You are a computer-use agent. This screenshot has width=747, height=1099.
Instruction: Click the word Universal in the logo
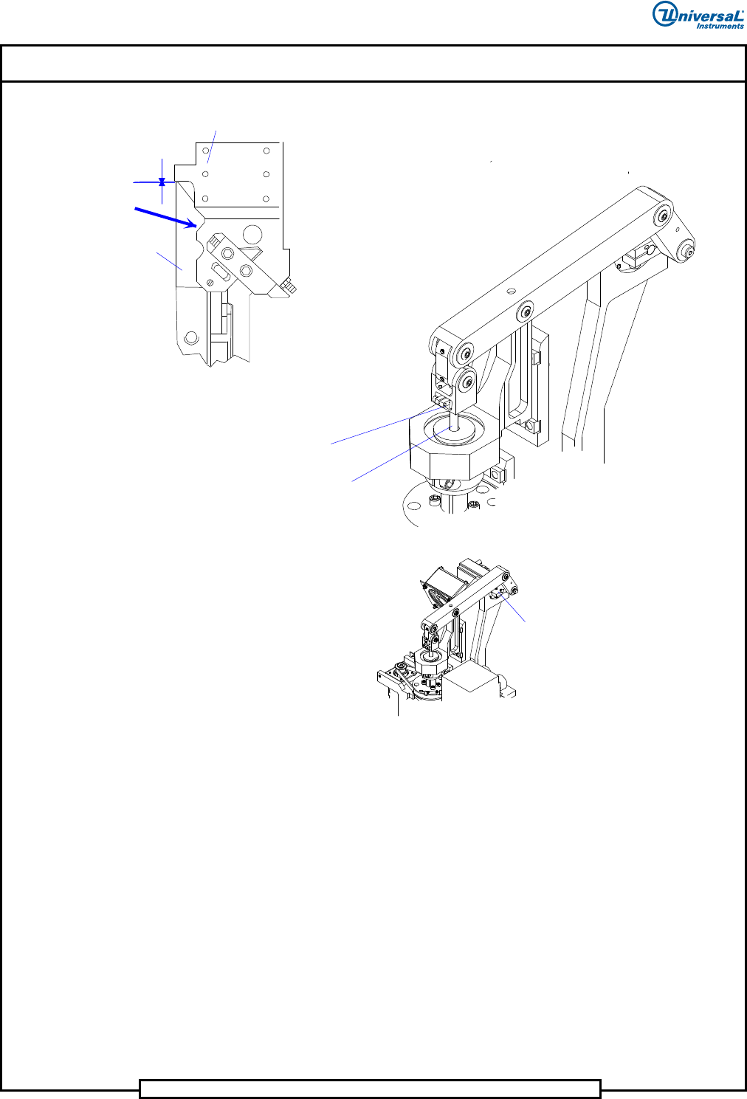click(698, 15)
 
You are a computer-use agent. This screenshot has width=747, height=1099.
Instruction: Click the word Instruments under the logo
click(720, 26)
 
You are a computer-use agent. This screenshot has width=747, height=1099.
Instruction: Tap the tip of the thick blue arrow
click(196, 226)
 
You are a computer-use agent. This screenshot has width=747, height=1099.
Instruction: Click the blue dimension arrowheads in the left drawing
click(162, 182)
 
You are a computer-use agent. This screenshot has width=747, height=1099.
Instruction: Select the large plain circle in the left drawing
click(252, 235)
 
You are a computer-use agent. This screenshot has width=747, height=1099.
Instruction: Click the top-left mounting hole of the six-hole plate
click(206, 151)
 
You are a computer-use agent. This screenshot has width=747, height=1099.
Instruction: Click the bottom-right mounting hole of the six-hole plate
click(266, 199)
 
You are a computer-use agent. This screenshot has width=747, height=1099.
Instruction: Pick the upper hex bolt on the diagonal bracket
click(227, 254)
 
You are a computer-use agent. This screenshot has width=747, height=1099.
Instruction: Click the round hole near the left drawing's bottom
click(191, 337)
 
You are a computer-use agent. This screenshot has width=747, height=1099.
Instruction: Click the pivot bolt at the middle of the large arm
click(526, 311)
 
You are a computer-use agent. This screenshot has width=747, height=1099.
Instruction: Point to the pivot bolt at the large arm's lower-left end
click(464, 353)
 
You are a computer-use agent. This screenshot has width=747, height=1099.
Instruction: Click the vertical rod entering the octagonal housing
click(455, 421)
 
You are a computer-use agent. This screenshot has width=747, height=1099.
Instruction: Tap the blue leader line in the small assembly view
click(512, 607)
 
